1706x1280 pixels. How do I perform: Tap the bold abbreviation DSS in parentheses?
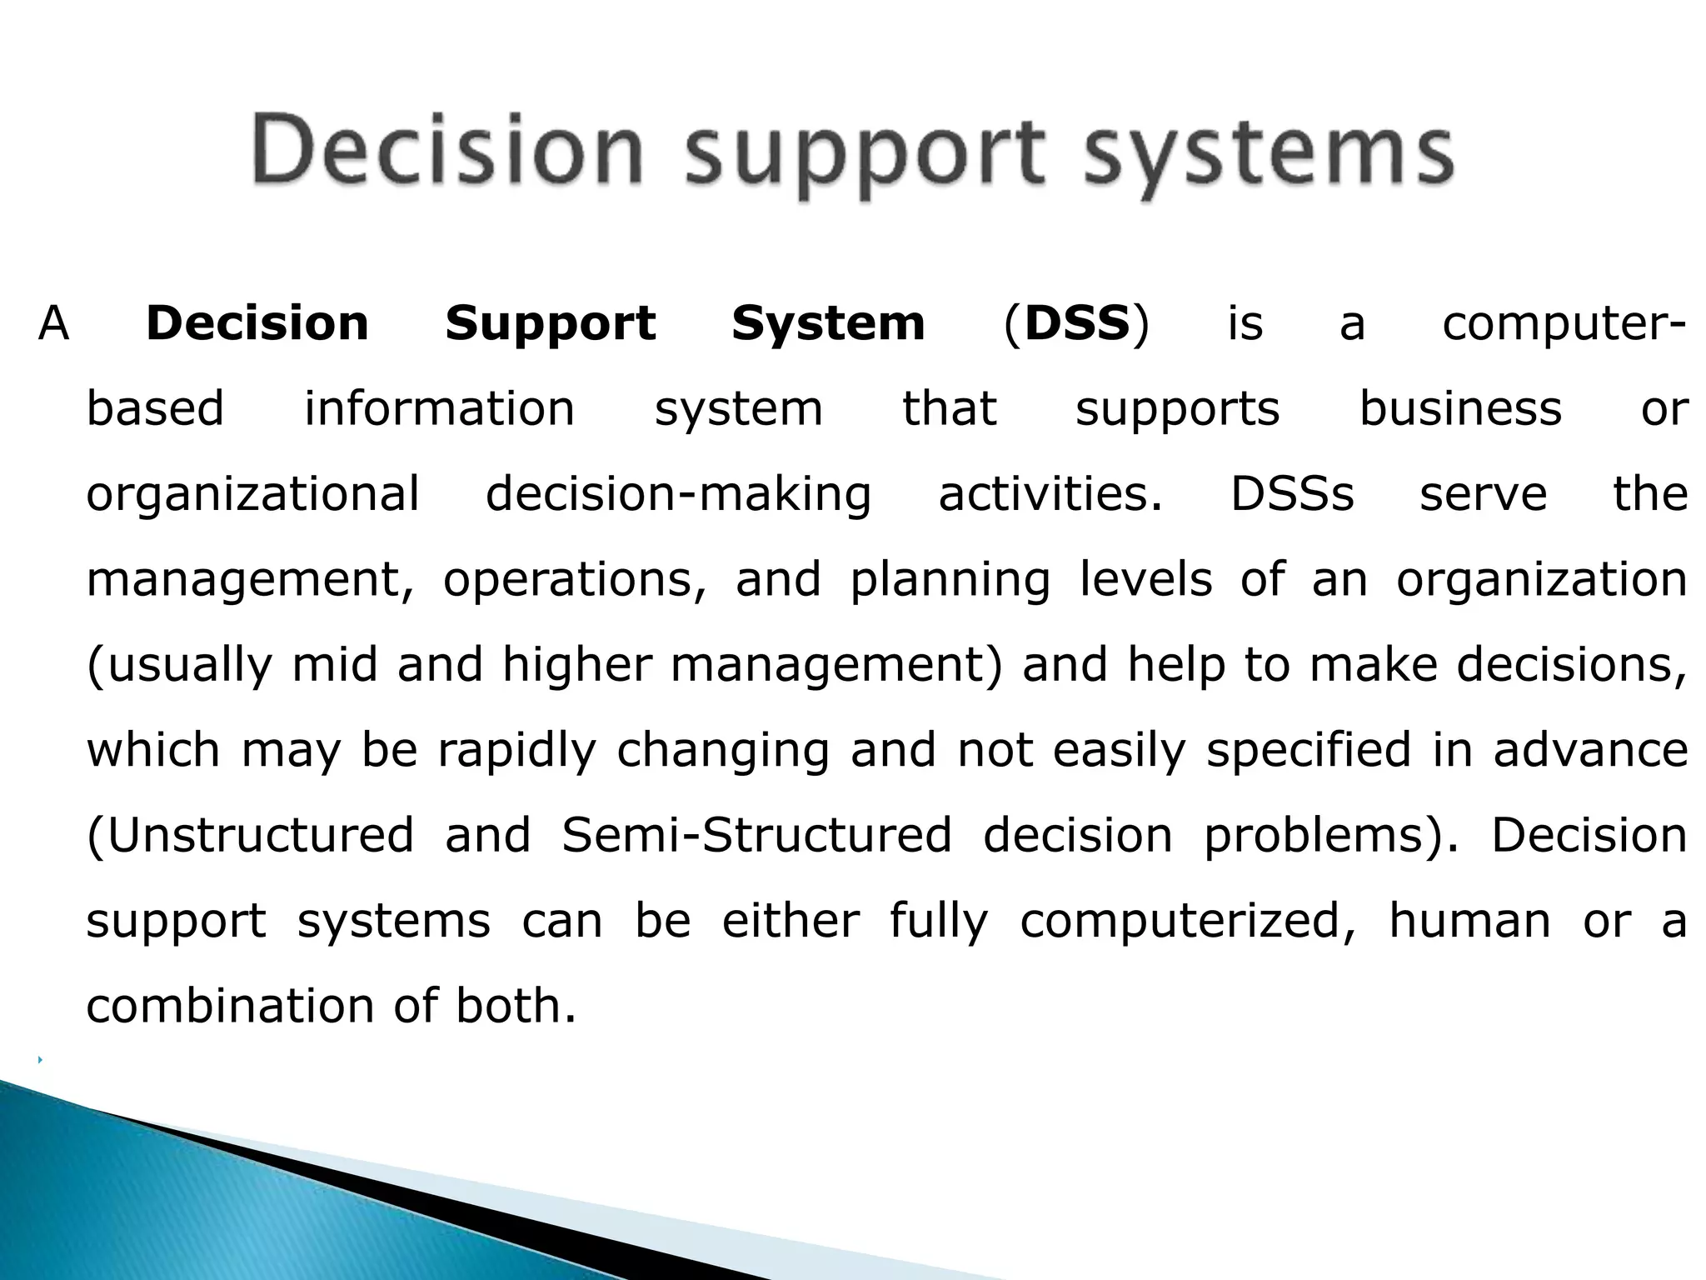[1076, 323]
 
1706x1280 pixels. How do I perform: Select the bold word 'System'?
[828, 323]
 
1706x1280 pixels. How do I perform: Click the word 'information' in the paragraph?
[439, 409]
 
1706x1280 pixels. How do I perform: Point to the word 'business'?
[1460, 409]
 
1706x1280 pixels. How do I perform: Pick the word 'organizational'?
[252, 494]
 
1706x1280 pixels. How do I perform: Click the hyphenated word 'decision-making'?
[678, 494]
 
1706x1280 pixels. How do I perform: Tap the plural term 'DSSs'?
[1292, 494]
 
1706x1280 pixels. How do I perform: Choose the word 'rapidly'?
[516, 751]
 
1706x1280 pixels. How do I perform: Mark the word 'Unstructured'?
[251, 836]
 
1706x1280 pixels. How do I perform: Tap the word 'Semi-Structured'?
[756, 836]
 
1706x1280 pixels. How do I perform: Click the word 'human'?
[1469, 922]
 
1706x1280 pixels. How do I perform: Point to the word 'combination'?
[231, 1007]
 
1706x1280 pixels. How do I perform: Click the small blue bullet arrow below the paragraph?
[40, 1060]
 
